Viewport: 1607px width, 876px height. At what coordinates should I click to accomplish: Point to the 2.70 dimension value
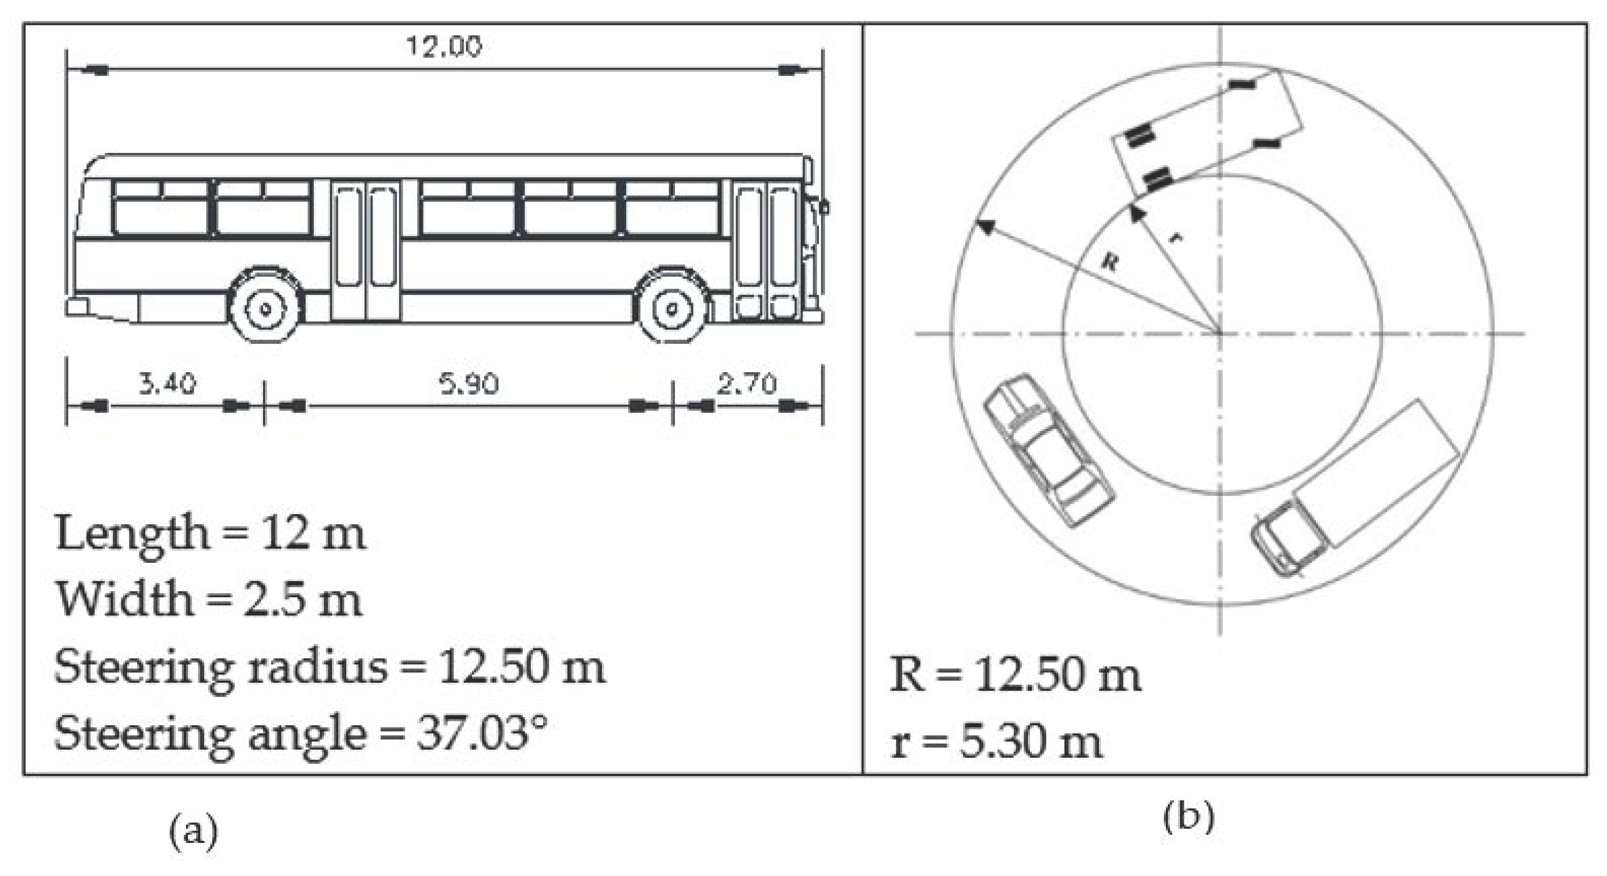point(747,383)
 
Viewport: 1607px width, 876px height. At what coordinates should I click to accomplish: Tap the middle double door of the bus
point(366,249)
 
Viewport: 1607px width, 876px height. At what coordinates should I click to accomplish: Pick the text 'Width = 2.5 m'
point(209,600)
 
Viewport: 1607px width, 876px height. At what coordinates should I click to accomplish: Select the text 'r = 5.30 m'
point(996,742)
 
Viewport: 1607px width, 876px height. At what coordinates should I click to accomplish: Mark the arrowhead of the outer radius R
point(985,226)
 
